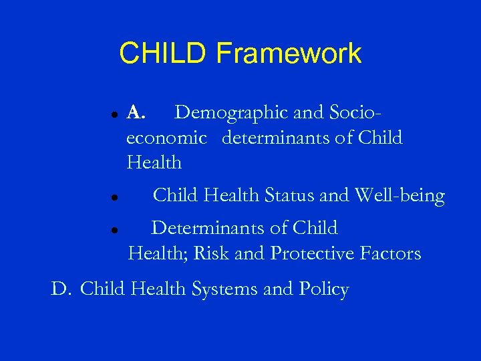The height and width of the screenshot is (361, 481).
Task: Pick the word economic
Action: pyautogui.click(x=166, y=138)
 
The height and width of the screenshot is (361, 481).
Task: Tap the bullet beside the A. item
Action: pyautogui.click(x=115, y=114)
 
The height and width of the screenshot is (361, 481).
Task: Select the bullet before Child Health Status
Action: pyautogui.click(x=115, y=198)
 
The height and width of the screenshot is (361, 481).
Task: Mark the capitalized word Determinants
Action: pyautogui.click(x=210, y=228)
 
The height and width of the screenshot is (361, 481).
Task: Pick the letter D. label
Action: pyautogui.click(x=61, y=289)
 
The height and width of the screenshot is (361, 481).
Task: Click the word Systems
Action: pyautogui.click(x=224, y=290)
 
